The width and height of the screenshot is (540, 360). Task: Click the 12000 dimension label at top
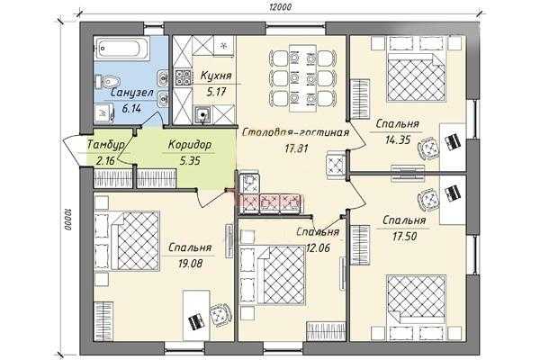tap(282, 7)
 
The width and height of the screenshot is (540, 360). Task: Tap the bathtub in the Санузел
tap(122, 49)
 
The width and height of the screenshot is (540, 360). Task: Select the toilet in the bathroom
tap(107, 81)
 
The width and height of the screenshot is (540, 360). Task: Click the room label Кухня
tap(216, 76)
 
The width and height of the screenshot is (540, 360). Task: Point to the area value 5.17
tap(216, 92)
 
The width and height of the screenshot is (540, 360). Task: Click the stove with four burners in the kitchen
tap(183, 78)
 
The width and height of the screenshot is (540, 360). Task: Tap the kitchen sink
tap(202, 114)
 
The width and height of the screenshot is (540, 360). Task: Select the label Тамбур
tap(105, 145)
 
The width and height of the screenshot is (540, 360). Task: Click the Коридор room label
tap(189, 145)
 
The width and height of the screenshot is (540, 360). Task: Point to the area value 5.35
tap(189, 161)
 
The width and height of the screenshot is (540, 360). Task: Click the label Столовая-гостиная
tap(295, 132)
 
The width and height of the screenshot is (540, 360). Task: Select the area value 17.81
tap(296, 148)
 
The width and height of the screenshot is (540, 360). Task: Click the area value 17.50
tap(405, 237)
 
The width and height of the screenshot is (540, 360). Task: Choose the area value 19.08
tap(190, 264)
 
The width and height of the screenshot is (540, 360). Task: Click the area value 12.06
tap(318, 247)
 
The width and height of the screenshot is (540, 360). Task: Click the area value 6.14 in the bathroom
tap(131, 109)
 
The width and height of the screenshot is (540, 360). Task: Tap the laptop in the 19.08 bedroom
tap(195, 322)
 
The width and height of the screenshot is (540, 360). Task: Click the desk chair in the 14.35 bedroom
tap(428, 148)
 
